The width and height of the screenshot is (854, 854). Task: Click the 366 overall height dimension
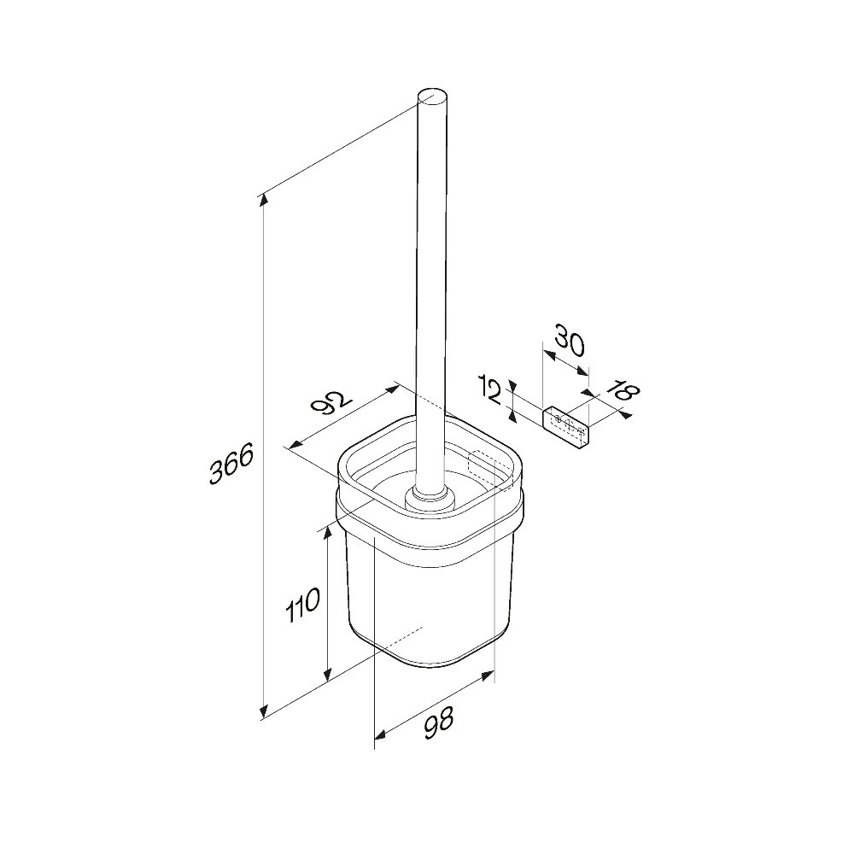point(232,463)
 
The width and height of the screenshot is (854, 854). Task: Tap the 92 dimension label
point(331,402)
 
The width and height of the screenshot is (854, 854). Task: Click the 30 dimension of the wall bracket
point(570,339)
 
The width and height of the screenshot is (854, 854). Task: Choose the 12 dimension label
point(490,390)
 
